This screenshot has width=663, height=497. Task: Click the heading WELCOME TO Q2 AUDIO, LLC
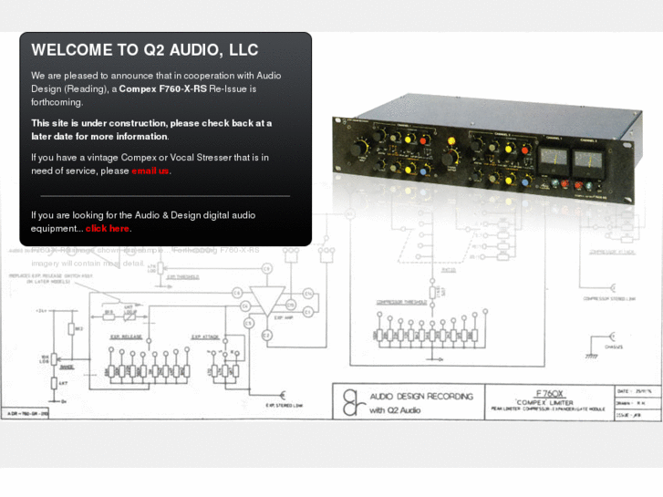click(144, 50)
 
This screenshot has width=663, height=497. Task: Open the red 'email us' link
click(150, 171)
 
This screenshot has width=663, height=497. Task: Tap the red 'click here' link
click(107, 228)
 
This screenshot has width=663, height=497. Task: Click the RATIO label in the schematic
click(423, 270)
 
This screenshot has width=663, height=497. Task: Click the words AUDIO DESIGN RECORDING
click(420, 396)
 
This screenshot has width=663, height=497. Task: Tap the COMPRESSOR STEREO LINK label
click(612, 298)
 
